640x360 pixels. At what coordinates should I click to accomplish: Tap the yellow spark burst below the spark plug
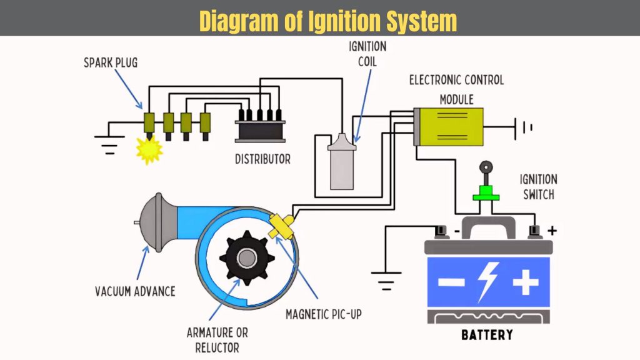point(149,150)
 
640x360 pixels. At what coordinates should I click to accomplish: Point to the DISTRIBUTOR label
point(262,159)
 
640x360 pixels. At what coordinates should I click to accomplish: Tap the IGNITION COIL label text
point(367,54)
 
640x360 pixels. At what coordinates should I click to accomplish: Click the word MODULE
point(456,99)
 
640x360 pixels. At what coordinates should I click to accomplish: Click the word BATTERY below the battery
point(487,335)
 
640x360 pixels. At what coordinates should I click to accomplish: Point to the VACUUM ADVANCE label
point(134,291)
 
